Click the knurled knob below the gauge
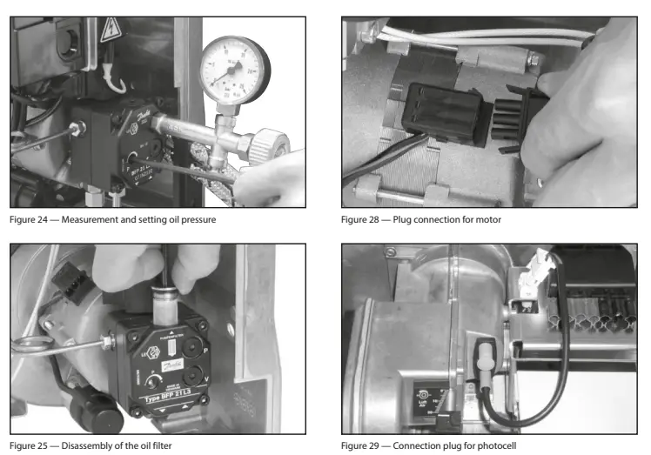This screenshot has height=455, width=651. point(277,144)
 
